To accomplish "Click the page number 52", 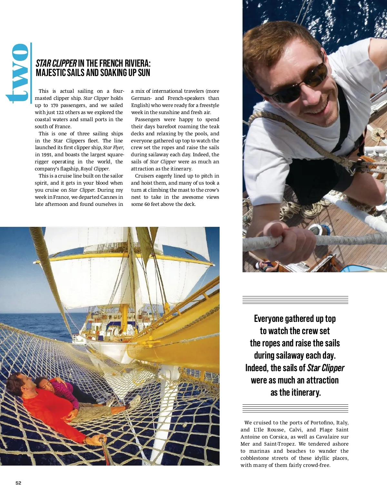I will (18, 483).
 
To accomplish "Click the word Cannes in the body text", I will (109, 197).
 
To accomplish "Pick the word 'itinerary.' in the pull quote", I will (296, 392).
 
